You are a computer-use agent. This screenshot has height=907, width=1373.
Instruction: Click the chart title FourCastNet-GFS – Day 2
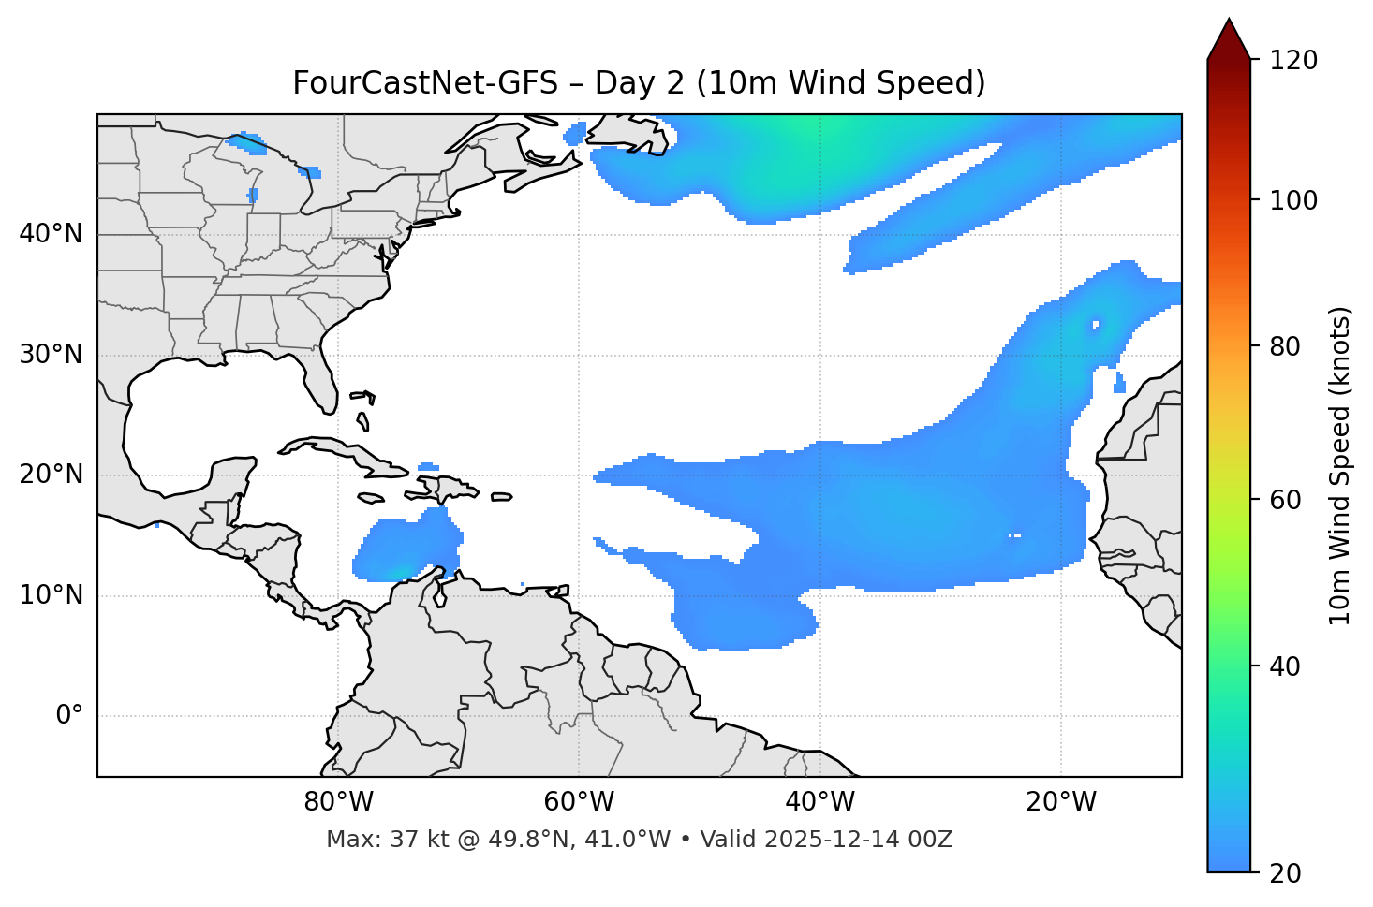tap(639, 83)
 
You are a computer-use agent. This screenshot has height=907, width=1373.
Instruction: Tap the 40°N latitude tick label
tap(51, 234)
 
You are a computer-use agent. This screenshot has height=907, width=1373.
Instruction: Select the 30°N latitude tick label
tap(51, 355)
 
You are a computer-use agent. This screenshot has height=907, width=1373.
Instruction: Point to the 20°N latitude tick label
tap(51, 475)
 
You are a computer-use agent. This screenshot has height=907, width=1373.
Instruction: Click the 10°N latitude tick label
tap(51, 595)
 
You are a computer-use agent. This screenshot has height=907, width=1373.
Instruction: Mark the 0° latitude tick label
tap(69, 716)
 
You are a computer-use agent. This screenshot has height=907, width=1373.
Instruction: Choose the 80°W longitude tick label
tap(338, 802)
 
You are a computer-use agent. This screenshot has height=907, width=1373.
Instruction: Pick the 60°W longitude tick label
tap(579, 802)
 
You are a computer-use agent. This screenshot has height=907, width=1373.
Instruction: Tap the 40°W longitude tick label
tap(819, 802)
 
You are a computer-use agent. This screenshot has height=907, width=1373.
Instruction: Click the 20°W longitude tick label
tap(1060, 802)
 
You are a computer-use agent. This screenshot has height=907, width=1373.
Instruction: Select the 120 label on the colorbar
tap(1293, 61)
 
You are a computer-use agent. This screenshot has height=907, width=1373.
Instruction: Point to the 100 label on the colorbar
tap(1293, 200)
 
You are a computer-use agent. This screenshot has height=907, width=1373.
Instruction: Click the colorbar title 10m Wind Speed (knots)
tap(1340, 465)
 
